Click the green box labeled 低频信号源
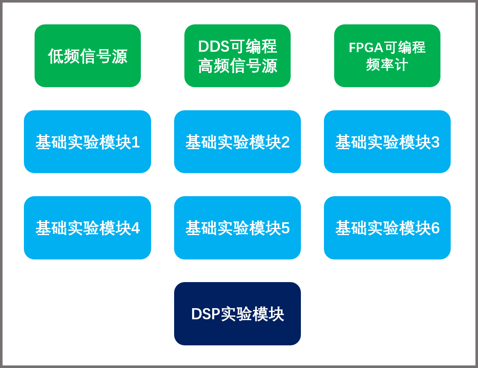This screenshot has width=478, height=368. tap(87, 56)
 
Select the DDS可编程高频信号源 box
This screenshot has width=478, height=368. tap(237, 56)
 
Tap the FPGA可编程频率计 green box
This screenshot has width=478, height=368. tap(387, 56)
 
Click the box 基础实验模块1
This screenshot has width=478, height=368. tap(87, 142)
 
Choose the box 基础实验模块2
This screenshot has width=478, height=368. tap(237, 142)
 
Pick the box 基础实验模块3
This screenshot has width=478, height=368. tap(387, 142)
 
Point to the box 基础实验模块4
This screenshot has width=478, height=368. tap(87, 228)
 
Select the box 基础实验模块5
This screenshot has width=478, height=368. tap(237, 228)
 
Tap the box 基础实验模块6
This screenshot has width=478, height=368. tap(387, 228)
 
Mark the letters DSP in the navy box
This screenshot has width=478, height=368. tap(205, 314)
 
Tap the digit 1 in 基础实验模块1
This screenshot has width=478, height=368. tap(136, 142)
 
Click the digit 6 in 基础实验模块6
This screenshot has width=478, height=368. tap(435, 228)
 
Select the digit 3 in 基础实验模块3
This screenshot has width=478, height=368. tap(435, 142)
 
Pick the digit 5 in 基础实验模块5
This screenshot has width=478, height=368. tap(286, 228)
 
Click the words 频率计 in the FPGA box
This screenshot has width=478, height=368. tap(387, 65)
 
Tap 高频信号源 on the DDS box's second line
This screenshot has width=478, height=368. tap(237, 66)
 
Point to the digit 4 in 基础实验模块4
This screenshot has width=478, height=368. tap(135, 228)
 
